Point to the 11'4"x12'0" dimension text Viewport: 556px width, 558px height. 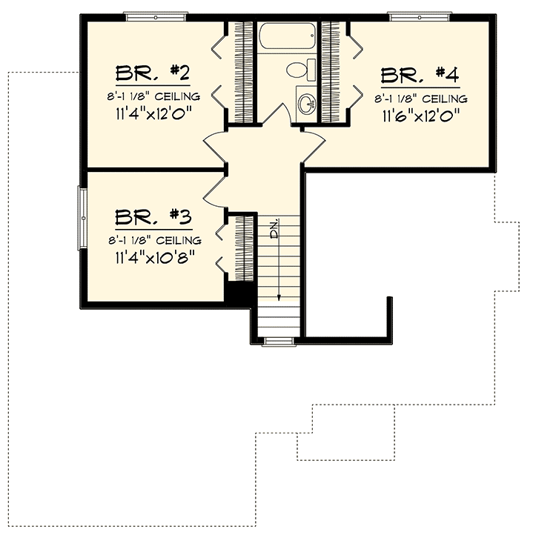pos(153,115)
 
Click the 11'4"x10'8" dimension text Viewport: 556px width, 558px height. pos(153,258)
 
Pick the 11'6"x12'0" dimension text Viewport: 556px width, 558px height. pos(421,116)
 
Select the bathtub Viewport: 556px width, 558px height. pos(287,37)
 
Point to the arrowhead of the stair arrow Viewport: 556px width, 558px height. pos(279,296)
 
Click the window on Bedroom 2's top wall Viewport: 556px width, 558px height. pos(156,16)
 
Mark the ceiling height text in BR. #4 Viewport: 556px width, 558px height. pos(421,97)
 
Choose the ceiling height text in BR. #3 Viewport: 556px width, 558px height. pos(153,240)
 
